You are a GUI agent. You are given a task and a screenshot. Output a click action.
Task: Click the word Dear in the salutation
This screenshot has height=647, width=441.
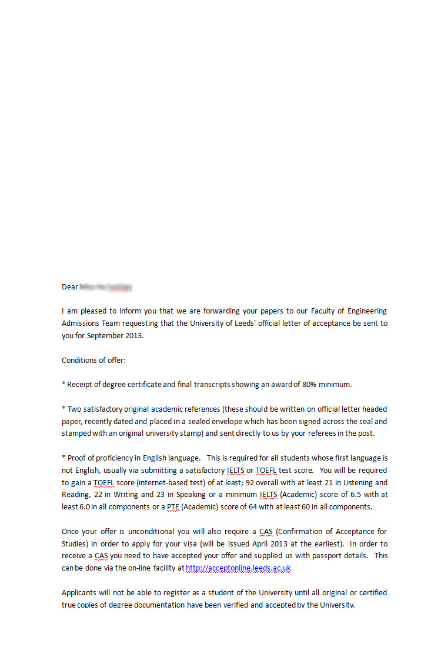[x=69, y=287]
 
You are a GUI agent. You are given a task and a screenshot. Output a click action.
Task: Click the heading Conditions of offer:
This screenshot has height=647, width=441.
[x=93, y=360]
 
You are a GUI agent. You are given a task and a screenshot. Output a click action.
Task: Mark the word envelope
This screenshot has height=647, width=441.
[x=257, y=421]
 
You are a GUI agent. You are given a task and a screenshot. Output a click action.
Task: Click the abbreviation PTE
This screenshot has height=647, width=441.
[x=173, y=507]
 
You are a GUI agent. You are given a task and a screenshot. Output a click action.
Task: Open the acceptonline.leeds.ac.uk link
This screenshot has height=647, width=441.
[x=238, y=568]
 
